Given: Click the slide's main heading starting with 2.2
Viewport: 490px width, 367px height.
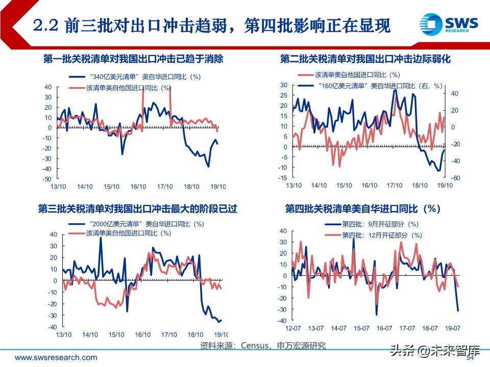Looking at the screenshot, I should tap(211, 25).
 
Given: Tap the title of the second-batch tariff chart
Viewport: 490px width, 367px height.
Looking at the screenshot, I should tap(365, 59).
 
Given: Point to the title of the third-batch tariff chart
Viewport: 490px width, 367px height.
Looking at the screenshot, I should tap(137, 209).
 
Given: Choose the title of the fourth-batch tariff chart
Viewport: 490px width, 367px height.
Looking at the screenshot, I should tap(362, 209).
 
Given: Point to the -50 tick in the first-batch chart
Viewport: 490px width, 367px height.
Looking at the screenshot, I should tap(47, 179).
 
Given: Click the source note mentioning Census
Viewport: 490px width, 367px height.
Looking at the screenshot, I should tap(263, 346).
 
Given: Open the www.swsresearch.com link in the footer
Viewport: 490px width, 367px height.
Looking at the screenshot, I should tap(56, 358).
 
